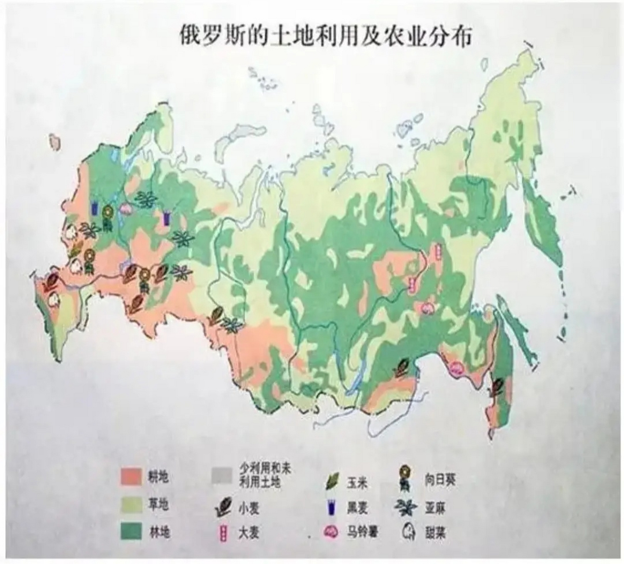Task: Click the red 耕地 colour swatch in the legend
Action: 131,477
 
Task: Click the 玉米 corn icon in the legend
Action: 333,481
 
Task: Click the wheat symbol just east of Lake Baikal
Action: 402,367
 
